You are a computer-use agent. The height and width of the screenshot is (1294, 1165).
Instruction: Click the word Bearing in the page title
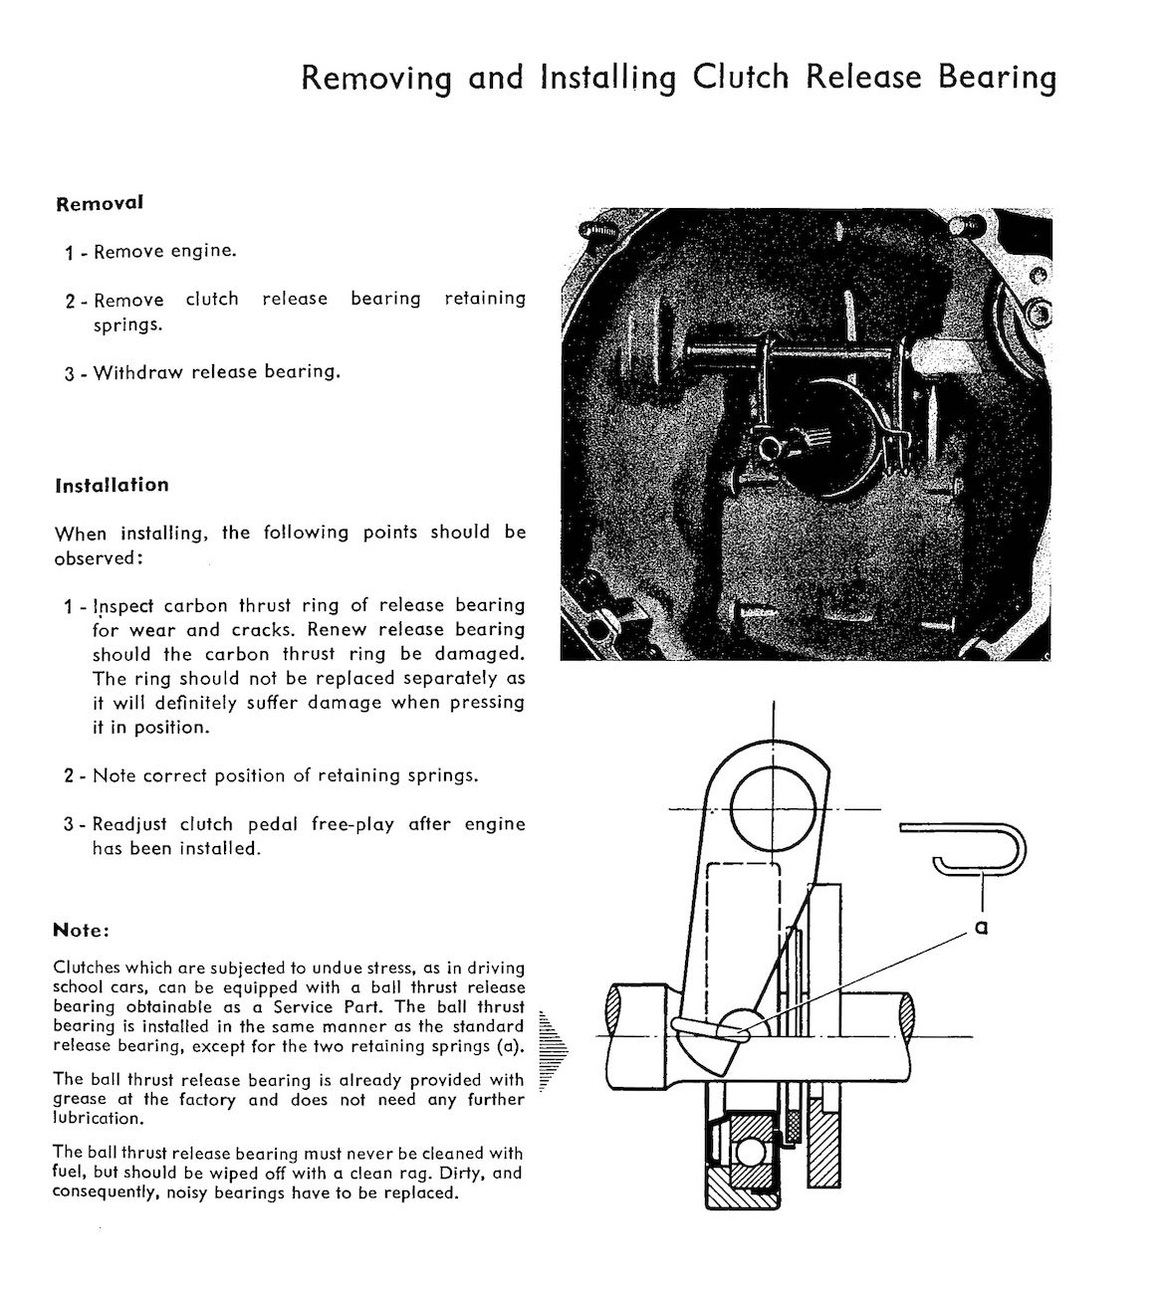coord(997,78)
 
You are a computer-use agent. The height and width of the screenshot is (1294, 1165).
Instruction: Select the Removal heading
coord(100,203)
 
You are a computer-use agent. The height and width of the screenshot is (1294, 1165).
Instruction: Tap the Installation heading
coord(112,486)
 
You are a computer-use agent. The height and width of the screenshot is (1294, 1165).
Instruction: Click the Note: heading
coord(81,931)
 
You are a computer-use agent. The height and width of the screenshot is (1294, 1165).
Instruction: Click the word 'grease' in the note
coord(84,1100)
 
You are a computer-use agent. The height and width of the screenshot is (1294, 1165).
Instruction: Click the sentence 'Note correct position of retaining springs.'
coord(285,775)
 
